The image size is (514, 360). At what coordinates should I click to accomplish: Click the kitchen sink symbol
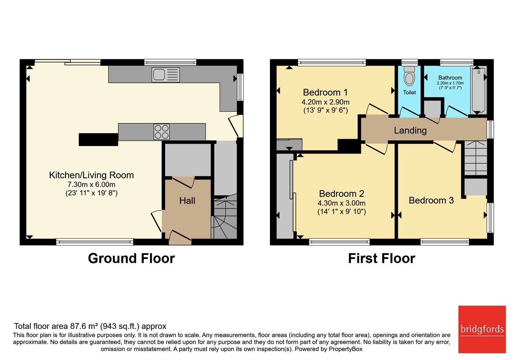[165, 75]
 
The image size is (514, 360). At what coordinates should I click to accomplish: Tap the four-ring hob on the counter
[162, 132]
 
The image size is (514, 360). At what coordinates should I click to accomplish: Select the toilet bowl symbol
[409, 76]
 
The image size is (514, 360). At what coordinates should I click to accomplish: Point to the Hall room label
[187, 201]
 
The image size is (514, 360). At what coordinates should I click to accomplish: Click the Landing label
[410, 130]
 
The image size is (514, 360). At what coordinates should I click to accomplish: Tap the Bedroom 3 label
[431, 200]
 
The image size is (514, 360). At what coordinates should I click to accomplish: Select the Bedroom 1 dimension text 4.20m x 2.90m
[325, 102]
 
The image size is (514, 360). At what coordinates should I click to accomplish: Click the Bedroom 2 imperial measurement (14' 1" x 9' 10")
[341, 211]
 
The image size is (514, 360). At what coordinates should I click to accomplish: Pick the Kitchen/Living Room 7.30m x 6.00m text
[91, 184]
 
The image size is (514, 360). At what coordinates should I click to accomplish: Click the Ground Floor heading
[131, 258]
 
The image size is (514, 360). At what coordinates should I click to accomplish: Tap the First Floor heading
[382, 258]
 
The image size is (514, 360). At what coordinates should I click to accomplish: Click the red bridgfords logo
[482, 329]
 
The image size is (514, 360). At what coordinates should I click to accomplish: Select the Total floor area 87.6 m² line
[90, 326]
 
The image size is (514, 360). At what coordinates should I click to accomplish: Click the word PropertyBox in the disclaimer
[346, 349]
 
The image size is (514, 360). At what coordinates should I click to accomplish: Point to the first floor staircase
[476, 158]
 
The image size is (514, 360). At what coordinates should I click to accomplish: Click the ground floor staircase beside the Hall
[224, 217]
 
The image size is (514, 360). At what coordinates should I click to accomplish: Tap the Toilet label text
[409, 92]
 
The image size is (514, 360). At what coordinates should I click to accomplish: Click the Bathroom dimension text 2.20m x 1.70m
[450, 83]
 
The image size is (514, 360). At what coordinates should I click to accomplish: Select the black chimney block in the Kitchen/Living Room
[98, 139]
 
